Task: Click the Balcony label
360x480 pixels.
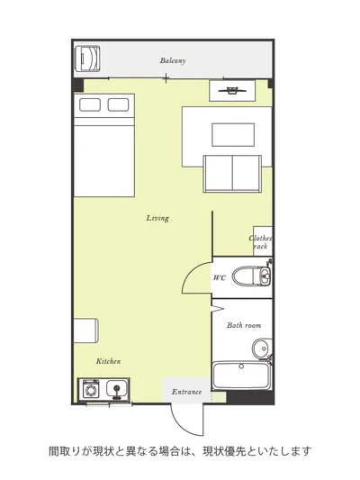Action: pyautogui.click(x=173, y=60)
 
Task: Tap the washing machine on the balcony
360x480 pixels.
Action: pyautogui.click(x=88, y=59)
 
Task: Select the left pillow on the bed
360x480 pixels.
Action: pyautogui.click(x=90, y=104)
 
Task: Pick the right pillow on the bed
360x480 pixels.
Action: pyautogui.click(x=119, y=104)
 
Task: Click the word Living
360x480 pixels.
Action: pyautogui.click(x=157, y=218)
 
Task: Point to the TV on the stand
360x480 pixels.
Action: pyautogui.click(x=232, y=90)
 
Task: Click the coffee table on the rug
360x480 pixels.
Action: pyautogui.click(x=233, y=135)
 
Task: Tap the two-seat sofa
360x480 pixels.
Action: pyautogui.click(x=232, y=174)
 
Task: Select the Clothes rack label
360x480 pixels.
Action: pyautogui.click(x=260, y=242)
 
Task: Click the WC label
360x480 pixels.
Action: pyautogui.click(x=220, y=277)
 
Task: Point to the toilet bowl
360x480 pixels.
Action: pyautogui.click(x=246, y=276)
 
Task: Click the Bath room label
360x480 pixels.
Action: pyautogui.click(x=244, y=325)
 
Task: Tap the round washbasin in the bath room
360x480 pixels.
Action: pyautogui.click(x=261, y=348)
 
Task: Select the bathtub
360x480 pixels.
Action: pyautogui.click(x=242, y=376)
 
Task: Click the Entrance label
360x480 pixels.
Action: pyautogui.click(x=186, y=392)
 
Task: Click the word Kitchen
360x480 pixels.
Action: pyautogui.click(x=109, y=361)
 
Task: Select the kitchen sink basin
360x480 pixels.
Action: pyautogui.click(x=116, y=388)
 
